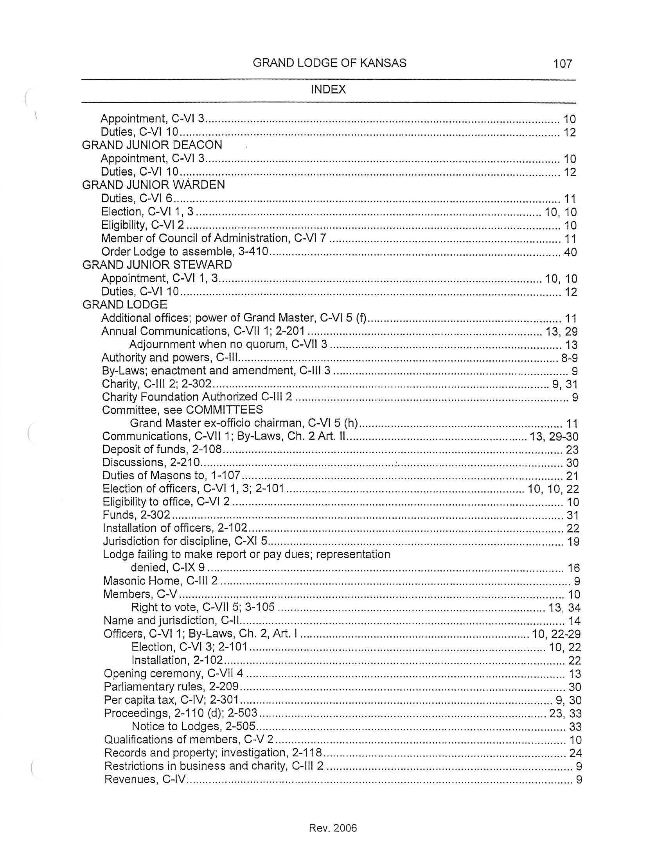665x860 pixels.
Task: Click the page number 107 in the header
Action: point(562,63)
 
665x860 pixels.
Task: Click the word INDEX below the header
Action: point(328,90)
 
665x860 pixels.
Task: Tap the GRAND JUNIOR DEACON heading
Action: point(152,145)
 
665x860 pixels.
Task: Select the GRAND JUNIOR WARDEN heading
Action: point(154,185)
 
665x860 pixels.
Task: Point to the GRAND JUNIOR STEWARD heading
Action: point(157,265)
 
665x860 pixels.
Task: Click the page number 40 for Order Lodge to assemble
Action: point(570,252)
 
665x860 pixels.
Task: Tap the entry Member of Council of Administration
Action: point(214,238)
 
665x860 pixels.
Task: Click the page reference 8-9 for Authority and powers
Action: point(569,358)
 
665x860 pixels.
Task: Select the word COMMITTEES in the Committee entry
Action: point(224,410)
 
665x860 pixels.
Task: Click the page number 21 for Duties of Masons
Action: point(572,476)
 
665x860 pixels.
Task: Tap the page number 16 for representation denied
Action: point(573,568)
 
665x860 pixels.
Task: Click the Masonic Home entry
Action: point(160,581)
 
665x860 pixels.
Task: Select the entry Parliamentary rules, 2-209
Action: point(171,687)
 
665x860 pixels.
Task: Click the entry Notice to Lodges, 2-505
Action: point(193,726)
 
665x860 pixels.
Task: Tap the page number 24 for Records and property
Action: point(575,753)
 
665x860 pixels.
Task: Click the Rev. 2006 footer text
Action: point(333,828)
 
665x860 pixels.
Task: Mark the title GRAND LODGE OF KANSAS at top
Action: point(329,63)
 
